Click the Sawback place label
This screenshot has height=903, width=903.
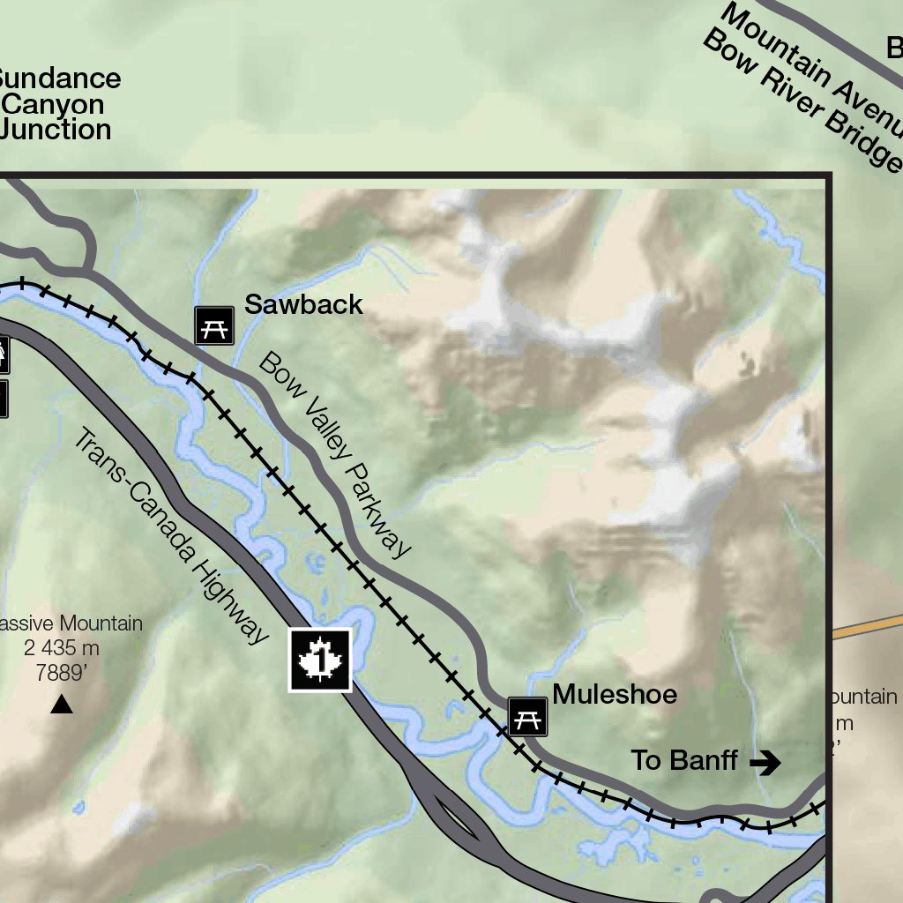(x=303, y=304)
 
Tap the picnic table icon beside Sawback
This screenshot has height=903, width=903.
(x=214, y=325)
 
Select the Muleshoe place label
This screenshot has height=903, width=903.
(x=615, y=695)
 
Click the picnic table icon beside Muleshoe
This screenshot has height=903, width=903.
(x=527, y=716)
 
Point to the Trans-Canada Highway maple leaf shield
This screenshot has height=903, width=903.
(x=320, y=660)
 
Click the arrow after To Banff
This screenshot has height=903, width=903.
(x=765, y=762)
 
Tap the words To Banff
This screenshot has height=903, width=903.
(x=684, y=760)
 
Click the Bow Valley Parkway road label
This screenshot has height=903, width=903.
(x=335, y=454)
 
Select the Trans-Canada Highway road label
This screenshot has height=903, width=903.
(x=171, y=536)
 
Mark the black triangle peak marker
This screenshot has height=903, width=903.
(x=61, y=705)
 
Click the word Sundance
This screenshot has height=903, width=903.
(x=58, y=78)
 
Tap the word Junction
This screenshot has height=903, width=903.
(x=56, y=130)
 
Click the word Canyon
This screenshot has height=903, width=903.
(x=55, y=104)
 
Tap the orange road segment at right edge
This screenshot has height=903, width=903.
(x=869, y=625)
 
